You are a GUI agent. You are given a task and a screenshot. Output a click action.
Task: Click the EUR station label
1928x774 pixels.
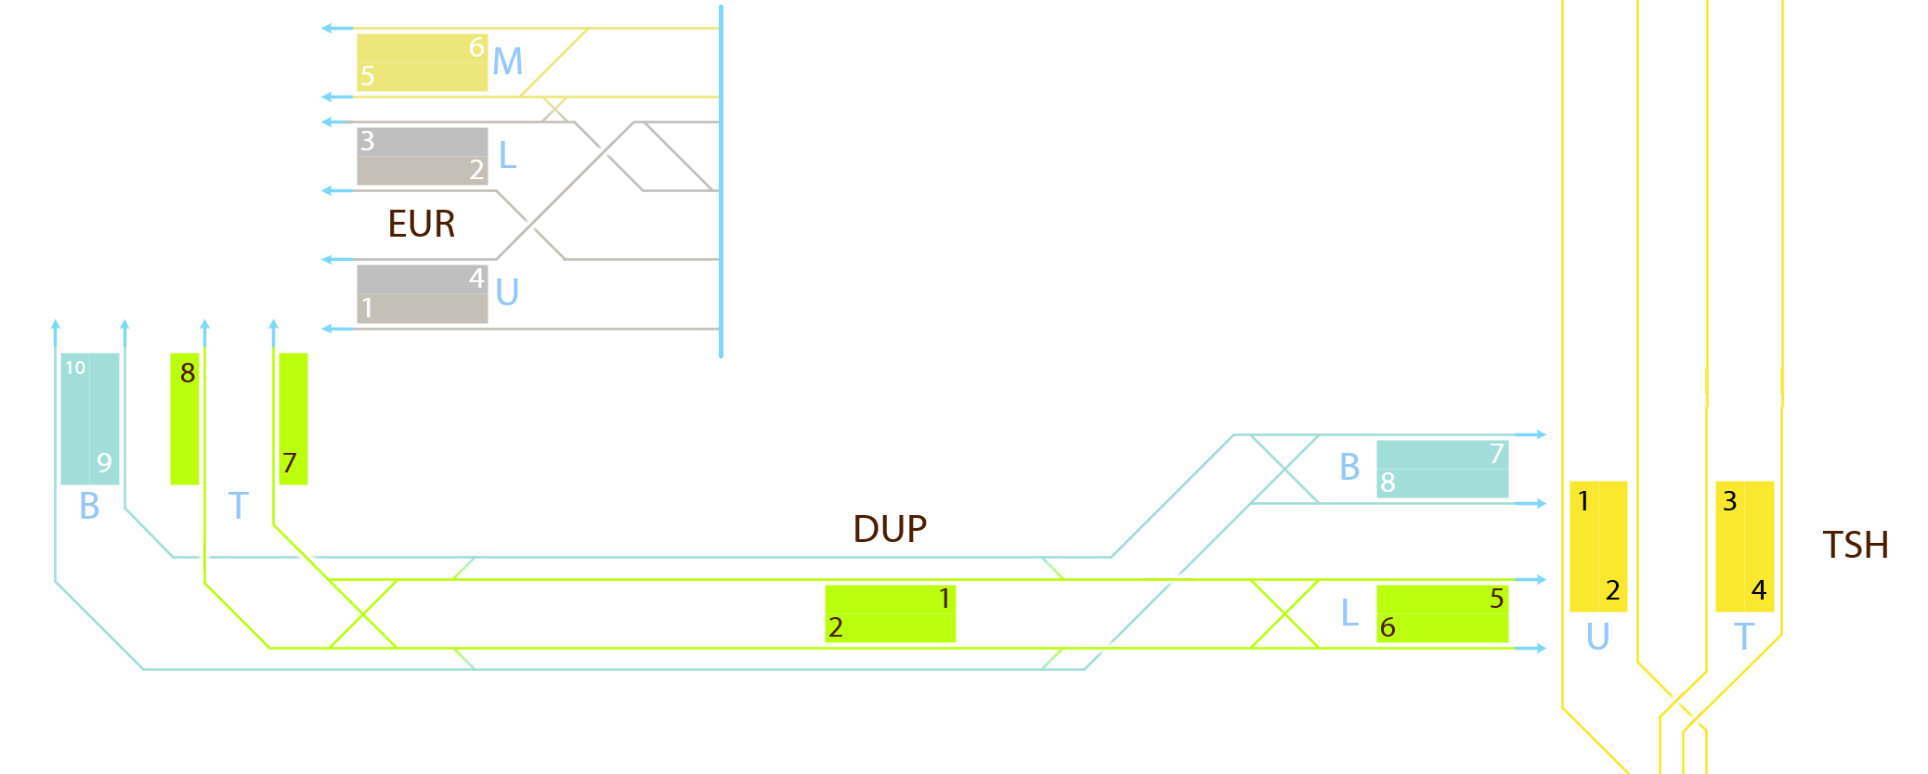(x=421, y=224)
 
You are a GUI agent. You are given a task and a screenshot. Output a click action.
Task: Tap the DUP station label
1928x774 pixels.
(x=889, y=529)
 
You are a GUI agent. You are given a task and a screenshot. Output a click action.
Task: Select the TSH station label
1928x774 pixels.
(x=1855, y=545)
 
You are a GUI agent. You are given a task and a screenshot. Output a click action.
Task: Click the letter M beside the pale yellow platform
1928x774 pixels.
(x=507, y=62)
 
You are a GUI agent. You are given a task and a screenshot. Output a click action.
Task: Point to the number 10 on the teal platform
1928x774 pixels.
(x=75, y=368)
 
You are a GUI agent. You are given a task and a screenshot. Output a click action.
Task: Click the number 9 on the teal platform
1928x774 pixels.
(x=104, y=462)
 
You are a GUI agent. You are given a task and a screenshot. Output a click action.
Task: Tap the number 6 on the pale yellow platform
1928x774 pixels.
(x=476, y=47)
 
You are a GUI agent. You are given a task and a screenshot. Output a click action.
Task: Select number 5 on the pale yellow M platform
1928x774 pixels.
(x=368, y=76)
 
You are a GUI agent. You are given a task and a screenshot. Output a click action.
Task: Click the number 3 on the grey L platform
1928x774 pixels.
(x=368, y=141)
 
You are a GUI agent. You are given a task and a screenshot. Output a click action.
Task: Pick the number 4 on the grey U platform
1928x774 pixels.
(x=476, y=277)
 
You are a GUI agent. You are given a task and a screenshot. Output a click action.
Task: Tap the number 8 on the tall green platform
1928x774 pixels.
(x=188, y=373)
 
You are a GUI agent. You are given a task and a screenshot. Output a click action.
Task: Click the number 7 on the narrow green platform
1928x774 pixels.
(x=290, y=462)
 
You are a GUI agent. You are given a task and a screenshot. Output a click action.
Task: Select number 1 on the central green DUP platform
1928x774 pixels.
(x=944, y=599)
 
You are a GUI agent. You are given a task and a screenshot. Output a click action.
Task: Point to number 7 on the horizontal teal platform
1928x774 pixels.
(x=1496, y=454)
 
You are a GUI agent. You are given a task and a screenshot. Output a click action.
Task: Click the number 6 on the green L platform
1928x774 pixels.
(x=1387, y=627)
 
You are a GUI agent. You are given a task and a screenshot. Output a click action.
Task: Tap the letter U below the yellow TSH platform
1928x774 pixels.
(x=1597, y=637)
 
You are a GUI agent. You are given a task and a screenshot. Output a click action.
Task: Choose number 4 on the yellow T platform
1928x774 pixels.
(x=1758, y=589)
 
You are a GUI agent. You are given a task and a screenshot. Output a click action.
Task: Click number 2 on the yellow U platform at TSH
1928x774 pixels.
(x=1612, y=589)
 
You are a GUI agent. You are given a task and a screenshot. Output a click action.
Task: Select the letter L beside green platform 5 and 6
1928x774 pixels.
(x=1349, y=613)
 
